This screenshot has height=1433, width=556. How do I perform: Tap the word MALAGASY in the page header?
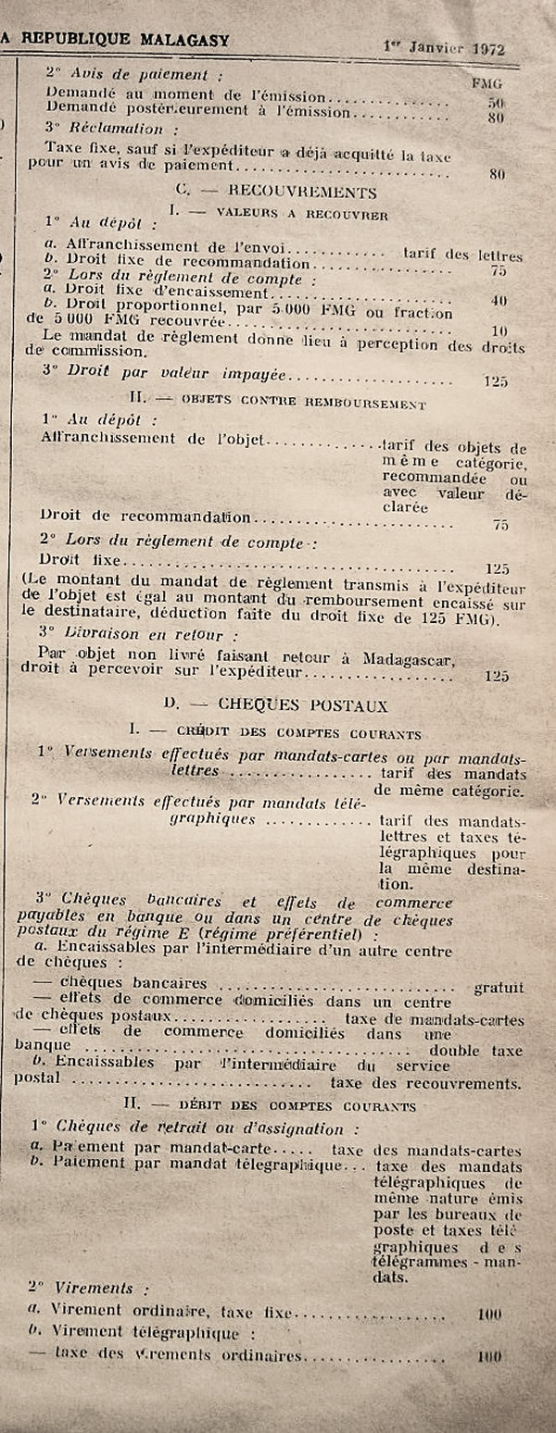183,40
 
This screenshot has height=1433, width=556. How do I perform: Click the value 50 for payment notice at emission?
496,102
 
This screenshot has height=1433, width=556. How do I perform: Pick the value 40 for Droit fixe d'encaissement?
499,301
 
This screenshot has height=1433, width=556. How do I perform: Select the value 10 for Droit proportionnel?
499,330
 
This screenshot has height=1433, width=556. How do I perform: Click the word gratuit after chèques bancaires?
499,988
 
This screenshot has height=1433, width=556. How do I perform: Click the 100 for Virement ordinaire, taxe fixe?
488,1314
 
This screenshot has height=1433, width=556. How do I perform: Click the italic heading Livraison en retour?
142,634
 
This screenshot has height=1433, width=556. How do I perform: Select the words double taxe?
475,1051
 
